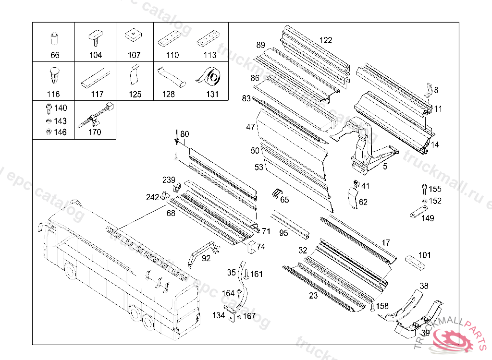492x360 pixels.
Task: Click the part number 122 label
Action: point(326,40)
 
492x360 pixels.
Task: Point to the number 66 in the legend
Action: point(55,55)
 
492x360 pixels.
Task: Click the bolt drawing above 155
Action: point(424,189)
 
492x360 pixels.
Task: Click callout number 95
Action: point(283,233)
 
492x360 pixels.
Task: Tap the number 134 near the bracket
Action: point(219,315)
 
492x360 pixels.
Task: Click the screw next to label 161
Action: point(246,275)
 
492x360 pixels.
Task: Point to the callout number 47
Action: point(250,127)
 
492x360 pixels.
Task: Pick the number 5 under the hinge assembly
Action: point(385,167)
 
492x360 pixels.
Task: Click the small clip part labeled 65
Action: point(275,192)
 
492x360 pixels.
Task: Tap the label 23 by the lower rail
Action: point(313,296)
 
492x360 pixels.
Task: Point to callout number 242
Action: point(152,197)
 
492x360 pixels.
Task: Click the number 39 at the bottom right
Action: point(425,333)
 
